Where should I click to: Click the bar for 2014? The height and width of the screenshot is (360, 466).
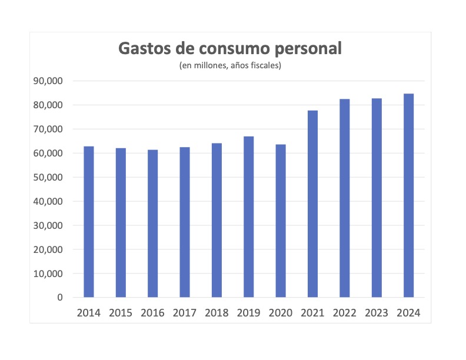pos(89,222)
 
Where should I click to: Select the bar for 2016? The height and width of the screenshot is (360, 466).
pos(153,224)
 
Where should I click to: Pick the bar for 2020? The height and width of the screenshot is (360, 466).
pos(281,221)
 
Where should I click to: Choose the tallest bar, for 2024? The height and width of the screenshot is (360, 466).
pos(408,195)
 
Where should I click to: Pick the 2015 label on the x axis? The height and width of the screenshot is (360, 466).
pos(121,312)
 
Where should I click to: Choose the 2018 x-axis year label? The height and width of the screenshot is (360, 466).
pos(217,312)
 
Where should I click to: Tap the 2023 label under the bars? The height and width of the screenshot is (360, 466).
pos(377,312)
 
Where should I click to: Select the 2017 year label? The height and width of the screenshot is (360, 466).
pos(185,312)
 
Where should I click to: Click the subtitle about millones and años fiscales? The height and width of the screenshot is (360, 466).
pos(231,65)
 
